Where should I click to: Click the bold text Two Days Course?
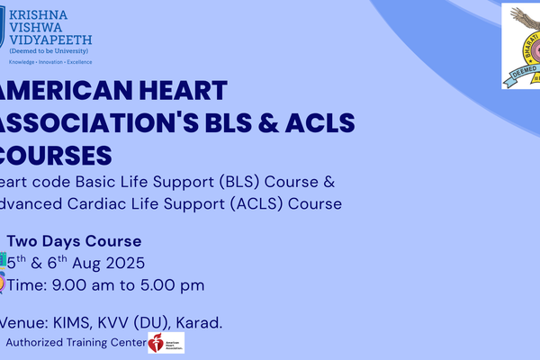(74, 241)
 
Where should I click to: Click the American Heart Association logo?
(165, 343)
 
